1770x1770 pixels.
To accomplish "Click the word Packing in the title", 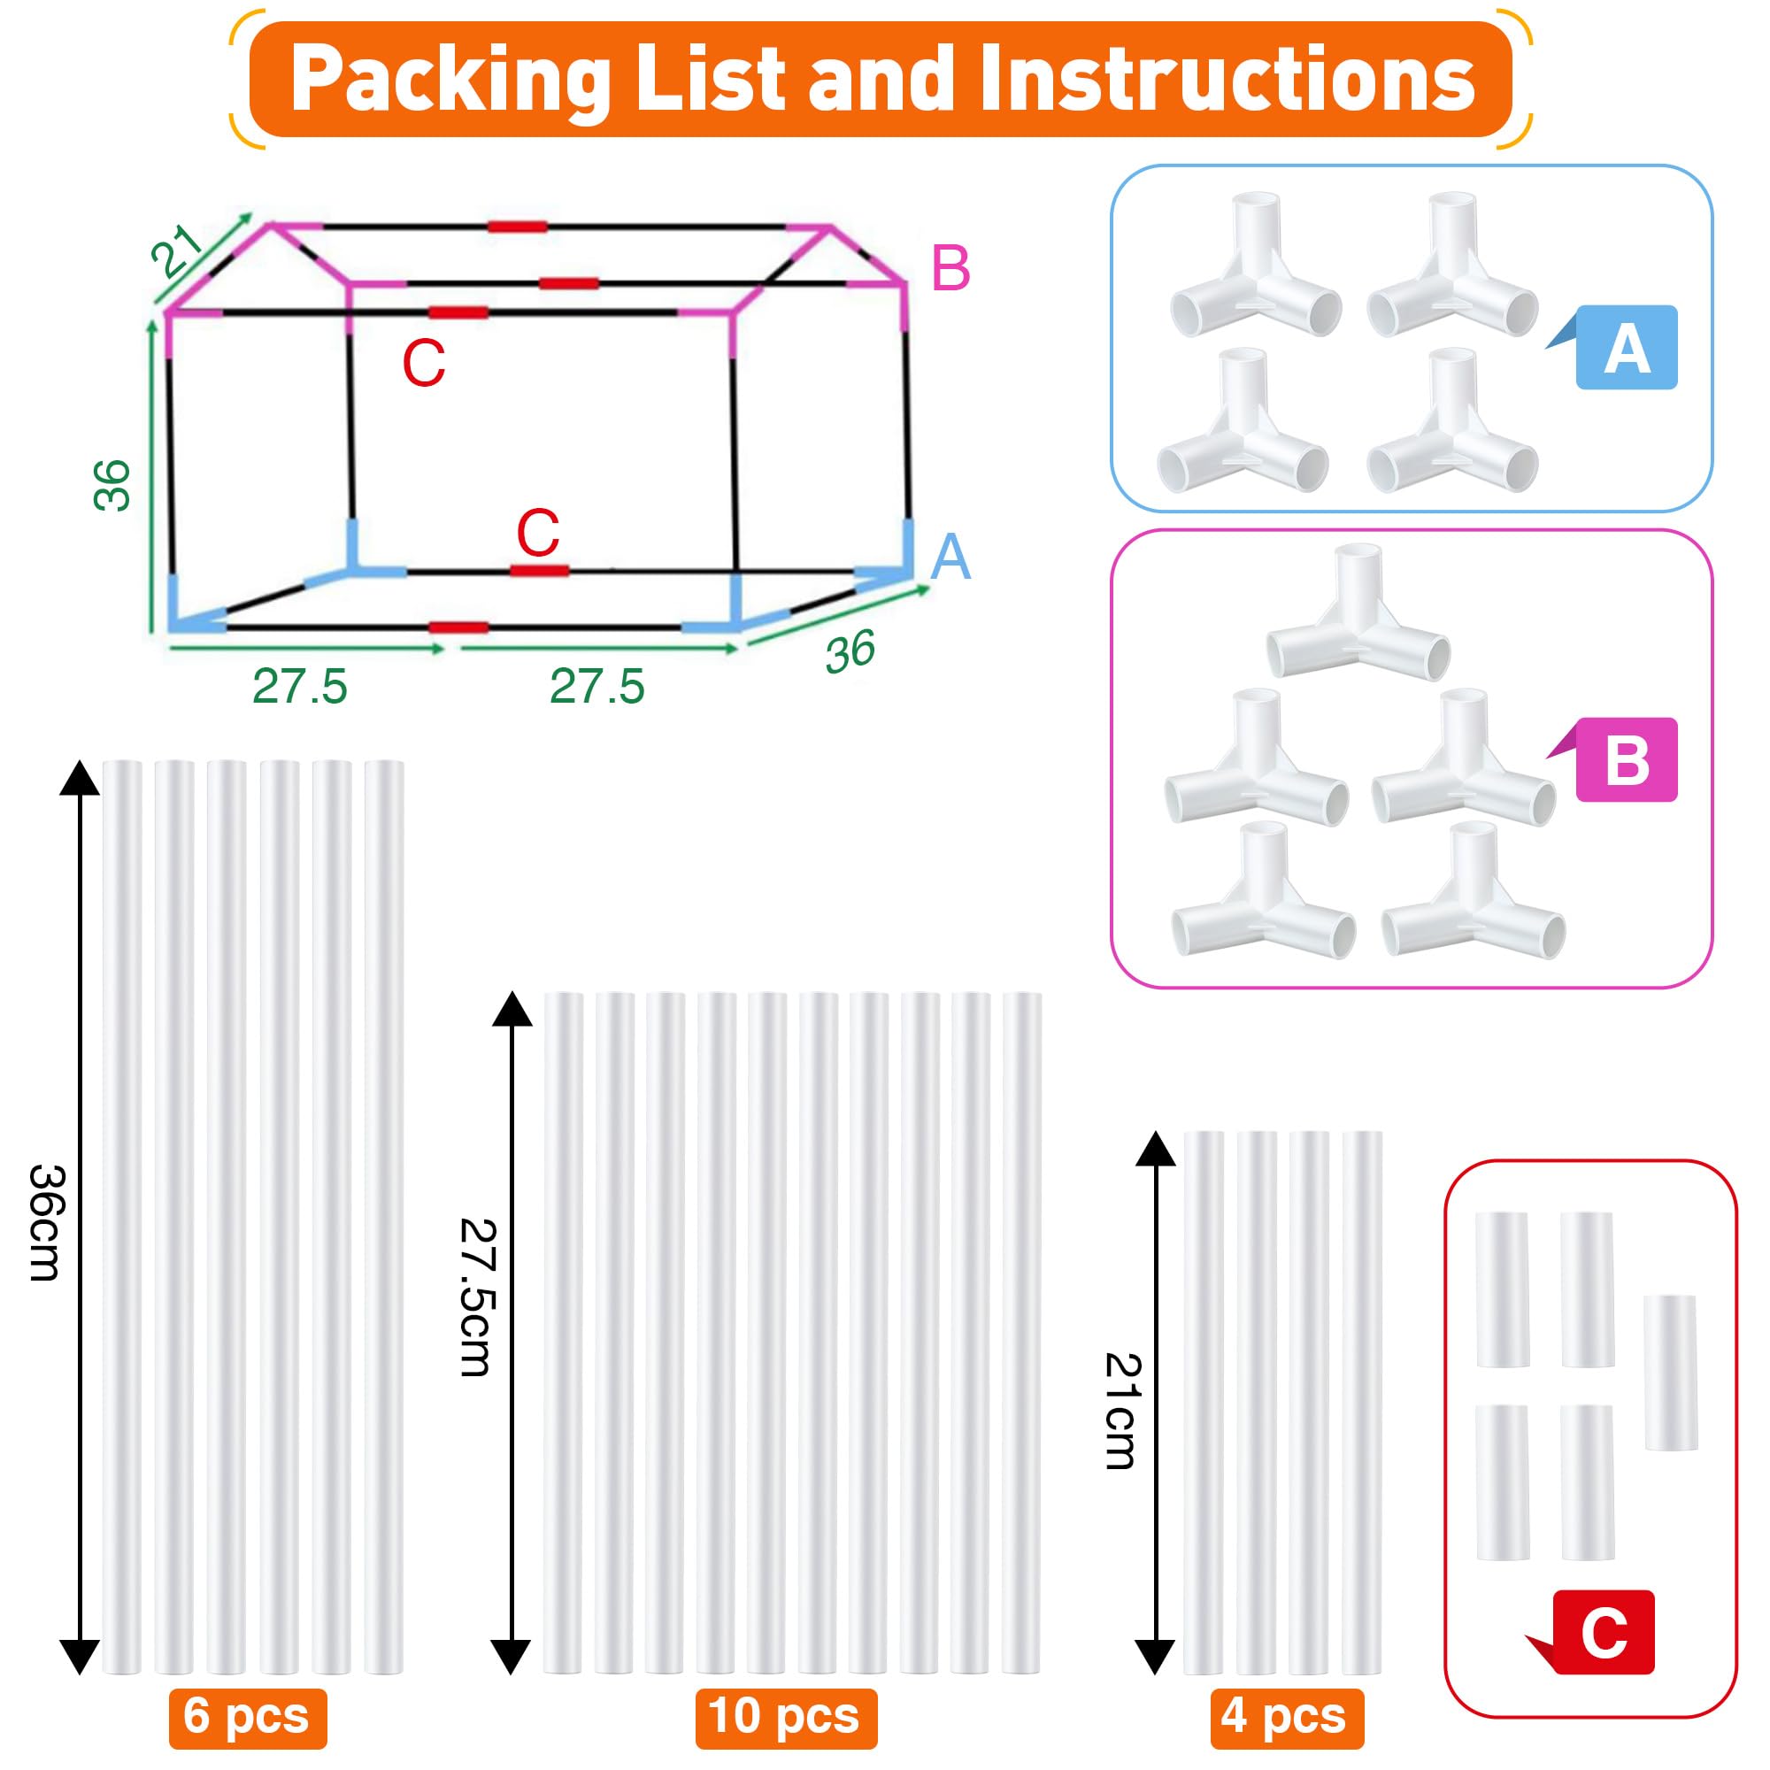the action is click(450, 81).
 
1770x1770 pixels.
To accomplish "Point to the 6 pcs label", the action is click(248, 1716).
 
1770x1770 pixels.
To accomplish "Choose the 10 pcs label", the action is click(785, 1716).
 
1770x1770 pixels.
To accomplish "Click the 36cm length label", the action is click(46, 1222).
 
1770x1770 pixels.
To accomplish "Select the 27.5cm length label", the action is click(477, 1297).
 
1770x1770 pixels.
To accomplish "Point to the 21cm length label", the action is click(1121, 1412).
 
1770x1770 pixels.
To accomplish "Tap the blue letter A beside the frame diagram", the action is click(950, 556).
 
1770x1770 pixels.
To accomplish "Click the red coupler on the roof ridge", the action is click(517, 227).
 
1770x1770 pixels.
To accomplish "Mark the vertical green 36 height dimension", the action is click(112, 485).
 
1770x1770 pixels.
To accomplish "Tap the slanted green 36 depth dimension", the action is click(850, 650).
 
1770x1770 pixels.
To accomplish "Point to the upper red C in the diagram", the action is click(423, 363).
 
